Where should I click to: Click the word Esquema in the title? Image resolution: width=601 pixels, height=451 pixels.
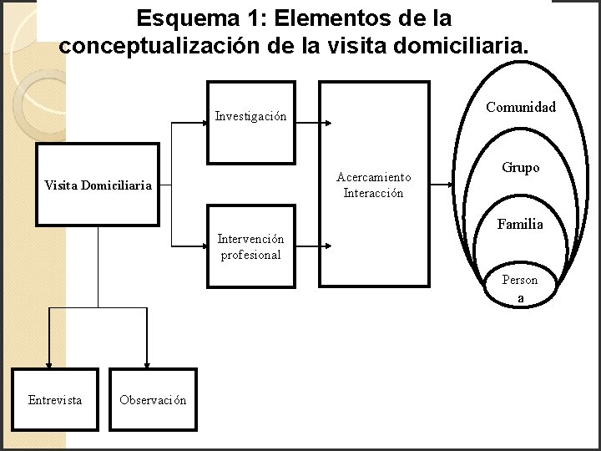pyautogui.click(x=180, y=18)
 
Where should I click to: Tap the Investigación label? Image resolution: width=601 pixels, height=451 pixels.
pyautogui.click(x=250, y=117)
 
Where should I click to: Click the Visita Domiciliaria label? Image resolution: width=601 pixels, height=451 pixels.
pyautogui.click(x=98, y=185)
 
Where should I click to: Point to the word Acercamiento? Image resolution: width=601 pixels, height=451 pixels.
pyautogui.click(x=373, y=177)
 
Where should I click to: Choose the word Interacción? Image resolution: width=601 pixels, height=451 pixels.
pyautogui.click(x=373, y=193)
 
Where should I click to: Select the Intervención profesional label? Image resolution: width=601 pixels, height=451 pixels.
pyautogui.click(x=250, y=247)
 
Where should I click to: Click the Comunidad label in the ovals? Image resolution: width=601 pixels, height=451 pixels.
pyautogui.click(x=521, y=107)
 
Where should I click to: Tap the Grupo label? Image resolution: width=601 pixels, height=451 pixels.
pyautogui.click(x=521, y=168)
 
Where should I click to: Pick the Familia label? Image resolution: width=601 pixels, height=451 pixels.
pyautogui.click(x=520, y=224)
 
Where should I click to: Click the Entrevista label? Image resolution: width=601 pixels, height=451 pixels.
pyautogui.click(x=55, y=400)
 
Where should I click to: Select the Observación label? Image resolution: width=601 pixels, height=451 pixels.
pyautogui.click(x=153, y=400)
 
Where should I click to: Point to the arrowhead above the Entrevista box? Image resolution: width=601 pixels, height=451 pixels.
pyautogui.click(x=49, y=363)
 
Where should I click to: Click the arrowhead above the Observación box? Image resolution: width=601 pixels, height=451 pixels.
pyautogui.click(x=147, y=363)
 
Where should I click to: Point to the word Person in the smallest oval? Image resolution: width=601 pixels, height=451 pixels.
pyautogui.click(x=519, y=280)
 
